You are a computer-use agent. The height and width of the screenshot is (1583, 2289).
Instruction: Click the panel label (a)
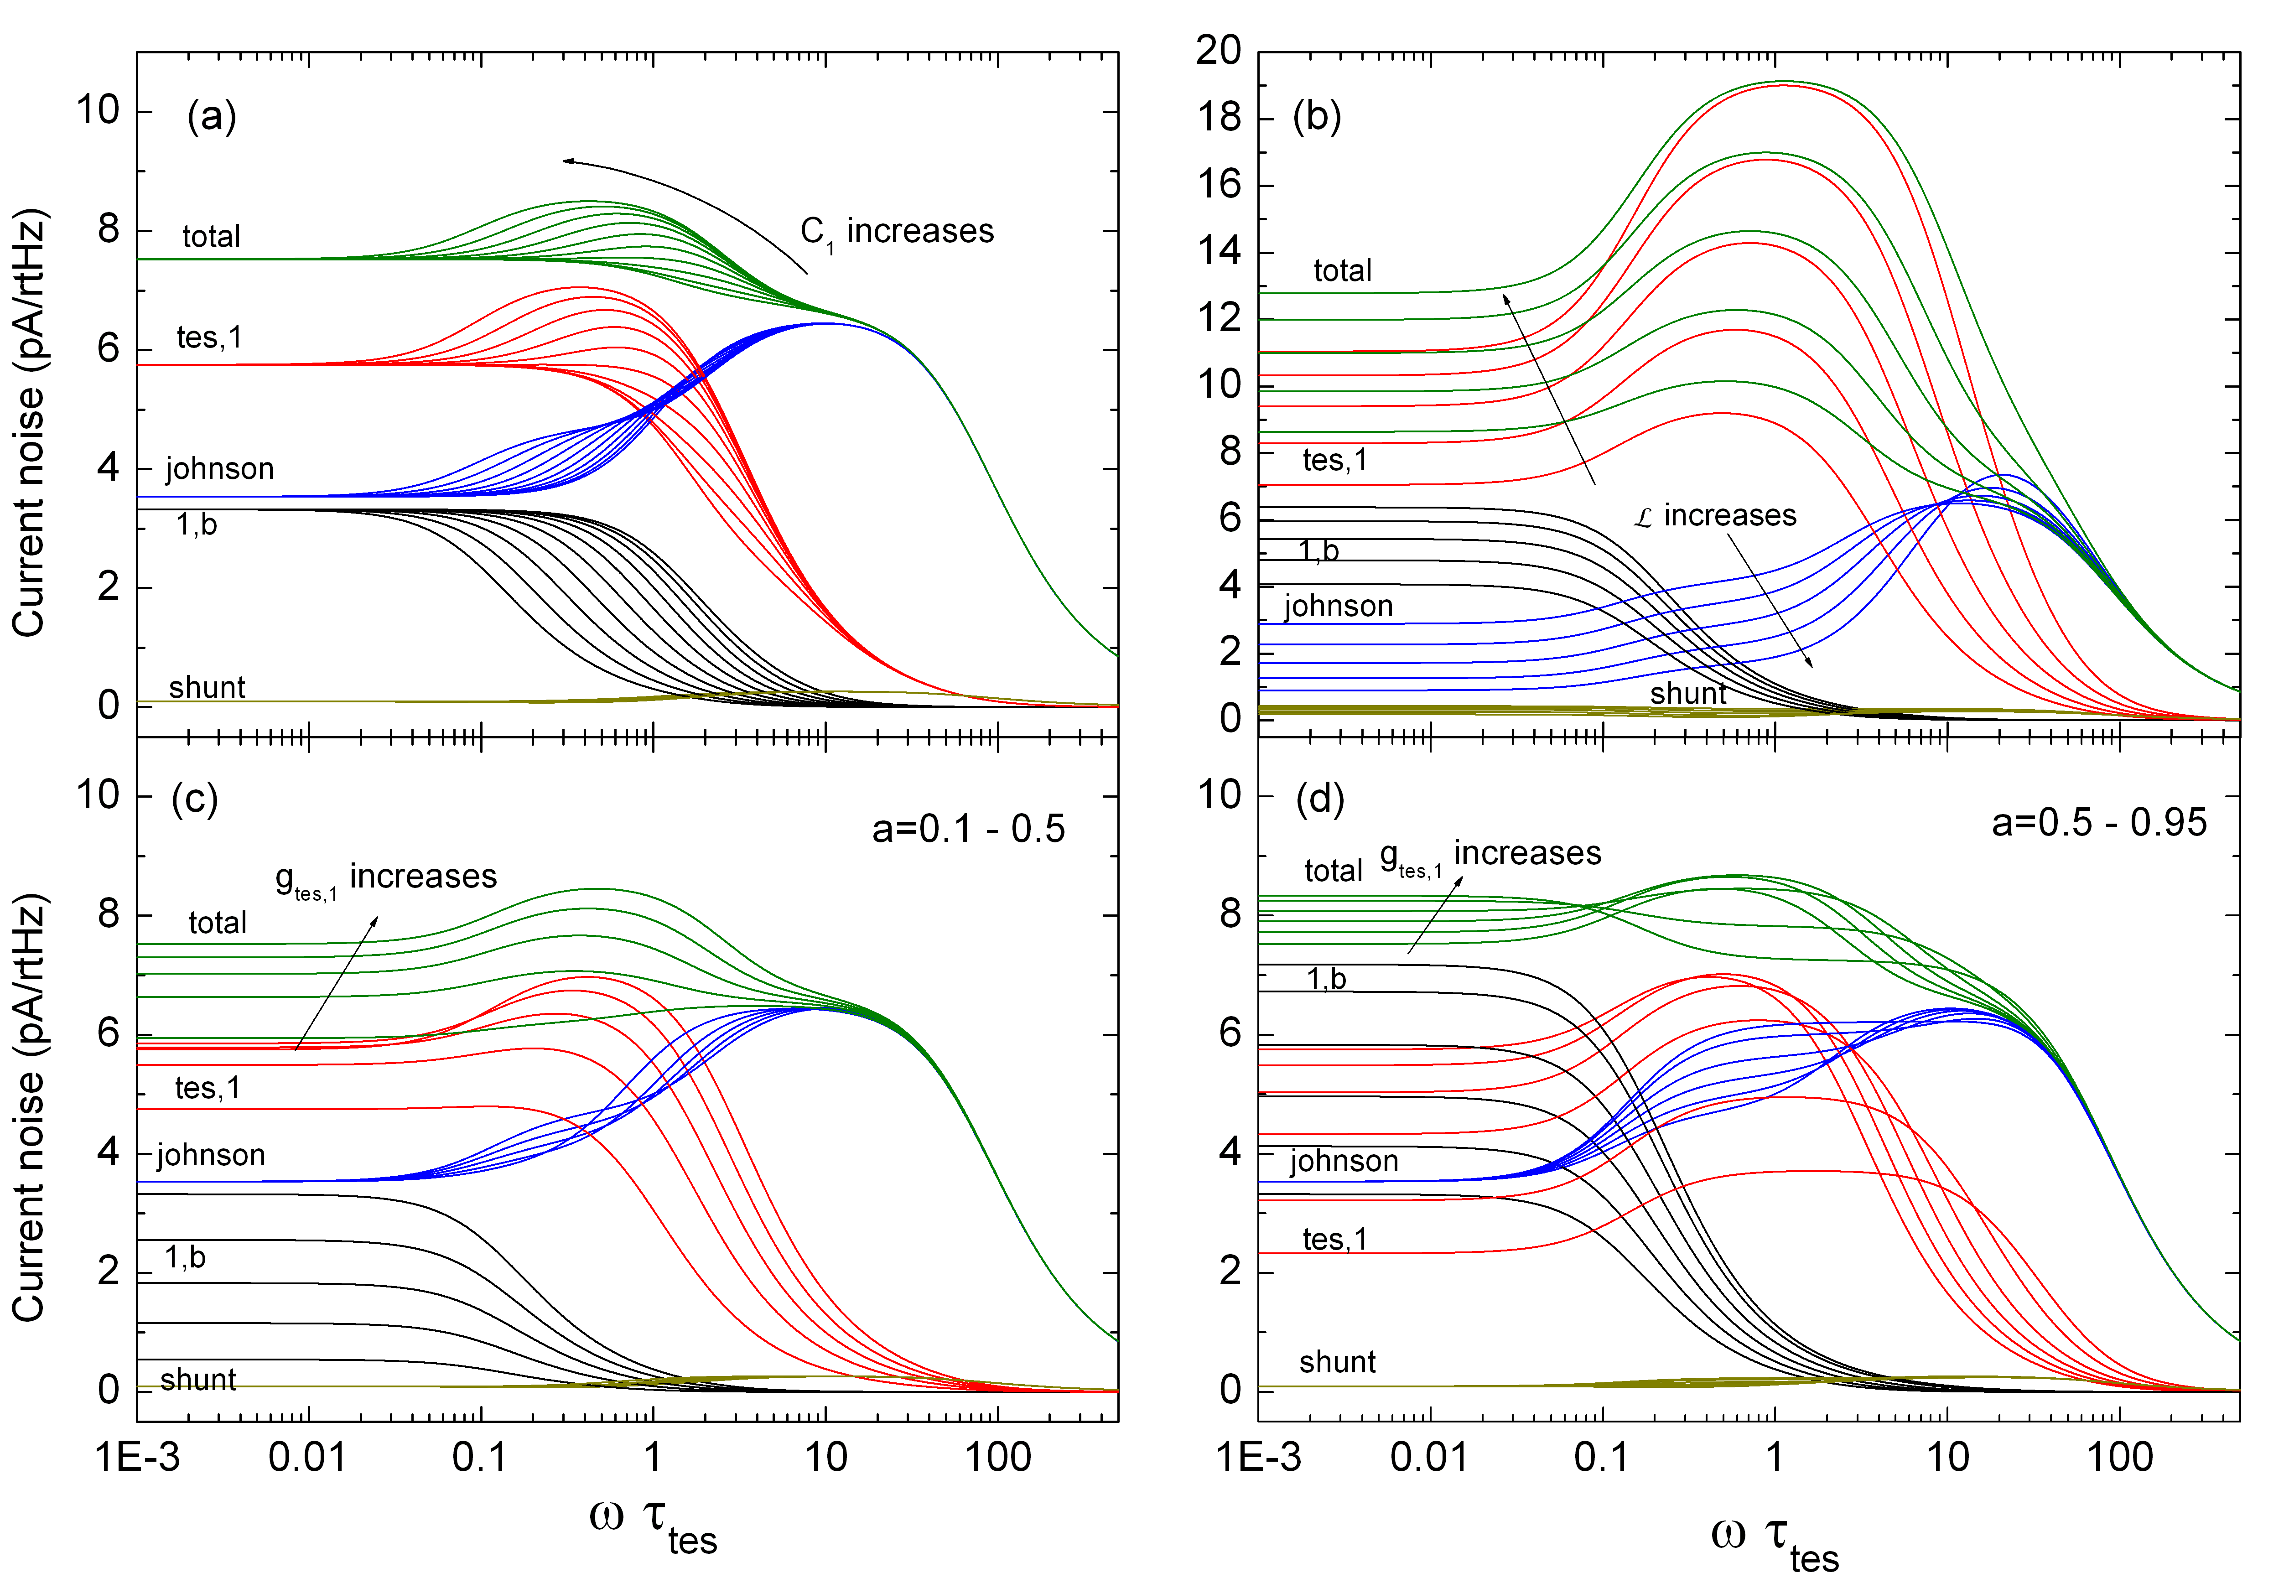click(x=211, y=117)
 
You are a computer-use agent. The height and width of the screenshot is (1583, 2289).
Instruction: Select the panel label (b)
click(x=1316, y=117)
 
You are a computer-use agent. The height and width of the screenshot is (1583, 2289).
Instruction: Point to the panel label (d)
click(x=1319, y=799)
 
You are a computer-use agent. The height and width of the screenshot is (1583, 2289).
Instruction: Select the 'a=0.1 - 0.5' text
click(x=968, y=829)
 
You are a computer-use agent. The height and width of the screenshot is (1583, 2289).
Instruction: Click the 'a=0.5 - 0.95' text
click(x=2098, y=823)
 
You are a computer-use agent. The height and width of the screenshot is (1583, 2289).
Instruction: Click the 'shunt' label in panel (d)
click(x=1337, y=1362)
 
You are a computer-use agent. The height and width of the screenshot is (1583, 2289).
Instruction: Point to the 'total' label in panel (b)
click(x=1342, y=271)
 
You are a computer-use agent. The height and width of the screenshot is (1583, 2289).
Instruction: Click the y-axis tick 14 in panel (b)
click(x=1218, y=252)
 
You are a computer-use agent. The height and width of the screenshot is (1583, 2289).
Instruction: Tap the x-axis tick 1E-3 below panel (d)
click(x=1257, y=1457)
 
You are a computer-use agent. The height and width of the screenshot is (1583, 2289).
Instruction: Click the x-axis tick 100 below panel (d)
click(x=2119, y=1457)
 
